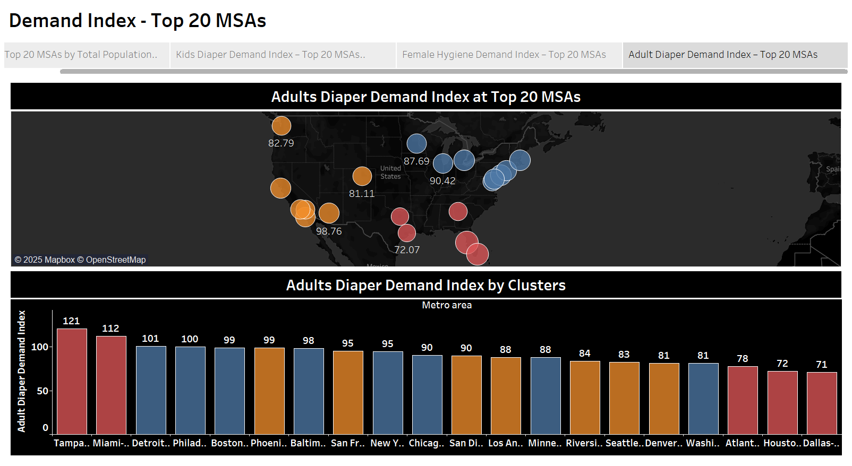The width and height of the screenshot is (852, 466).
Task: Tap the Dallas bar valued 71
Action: (821, 403)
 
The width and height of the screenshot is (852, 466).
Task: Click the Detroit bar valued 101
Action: (151, 390)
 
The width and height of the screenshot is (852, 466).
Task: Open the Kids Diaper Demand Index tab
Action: (270, 55)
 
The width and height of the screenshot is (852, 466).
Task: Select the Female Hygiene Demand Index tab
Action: (504, 55)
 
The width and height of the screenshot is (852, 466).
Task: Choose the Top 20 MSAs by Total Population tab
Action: (81, 55)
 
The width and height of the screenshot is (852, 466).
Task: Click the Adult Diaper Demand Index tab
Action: (722, 55)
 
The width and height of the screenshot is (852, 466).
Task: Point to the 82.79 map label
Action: (281, 143)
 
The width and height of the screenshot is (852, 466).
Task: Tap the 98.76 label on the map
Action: (329, 231)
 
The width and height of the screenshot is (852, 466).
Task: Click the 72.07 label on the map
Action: (407, 250)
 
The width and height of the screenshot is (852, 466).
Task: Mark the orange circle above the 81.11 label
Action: (362, 176)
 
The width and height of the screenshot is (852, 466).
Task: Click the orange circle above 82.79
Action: (282, 126)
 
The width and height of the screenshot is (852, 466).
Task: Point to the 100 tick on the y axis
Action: (40, 347)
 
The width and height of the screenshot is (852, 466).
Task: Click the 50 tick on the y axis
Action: (42, 391)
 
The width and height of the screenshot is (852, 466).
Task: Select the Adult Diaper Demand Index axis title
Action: (22, 371)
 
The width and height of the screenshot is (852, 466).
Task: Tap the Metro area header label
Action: (447, 305)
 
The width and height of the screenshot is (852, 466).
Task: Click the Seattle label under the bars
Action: (624, 443)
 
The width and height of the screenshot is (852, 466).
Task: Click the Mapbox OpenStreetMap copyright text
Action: (80, 260)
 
